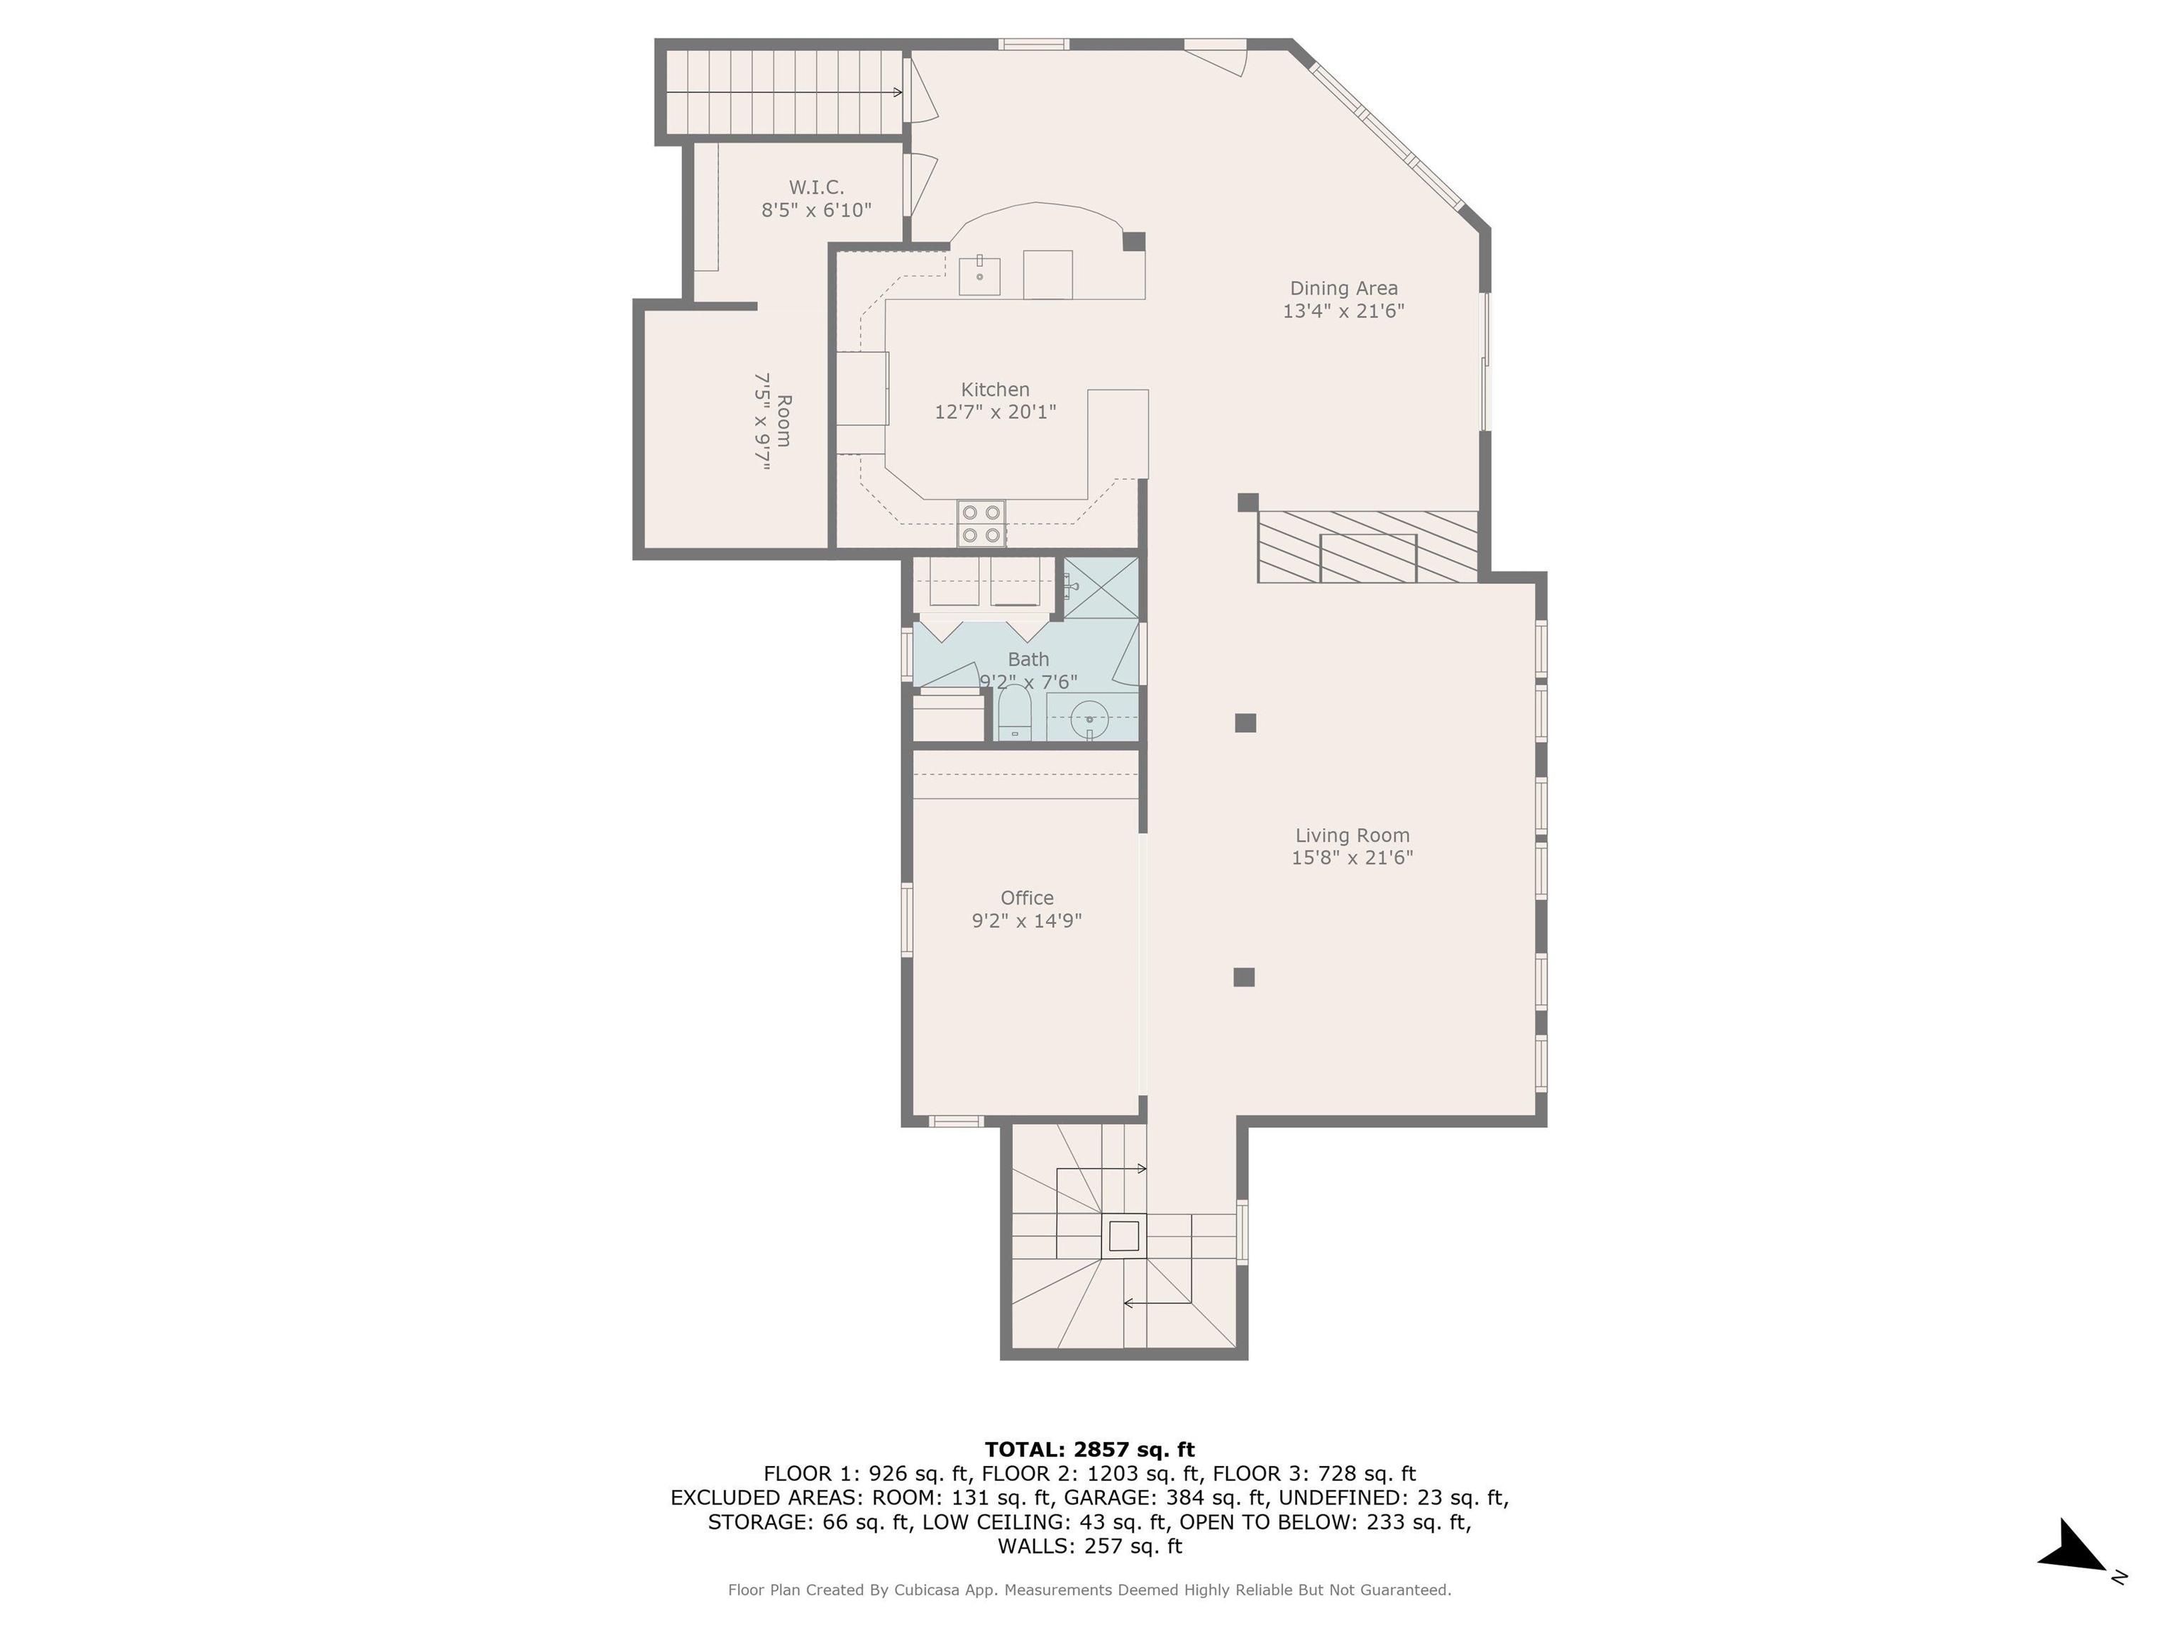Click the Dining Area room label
tap(1343, 289)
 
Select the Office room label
tap(1026, 898)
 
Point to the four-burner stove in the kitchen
tap(981, 523)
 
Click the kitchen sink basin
tap(979, 276)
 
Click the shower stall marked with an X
tap(1101, 588)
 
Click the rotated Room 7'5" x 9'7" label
tap(774, 421)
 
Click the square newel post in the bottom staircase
tap(1123, 1235)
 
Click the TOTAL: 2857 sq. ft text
tap(1089, 1450)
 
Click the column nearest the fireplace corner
tap(1248, 502)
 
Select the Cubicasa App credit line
tap(1089, 1590)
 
